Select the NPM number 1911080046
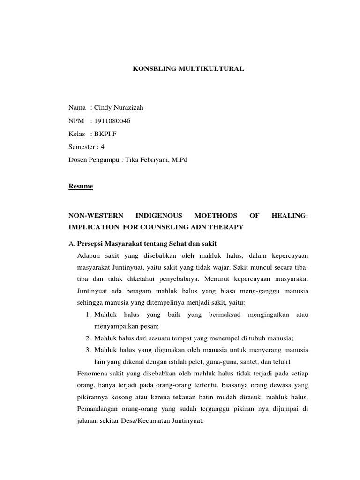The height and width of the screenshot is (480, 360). point(112,121)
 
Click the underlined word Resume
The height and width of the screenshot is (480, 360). point(81,187)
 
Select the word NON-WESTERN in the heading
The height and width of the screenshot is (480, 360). point(96,216)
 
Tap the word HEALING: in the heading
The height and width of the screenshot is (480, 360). point(290,216)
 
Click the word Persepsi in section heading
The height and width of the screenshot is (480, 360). point(90,244)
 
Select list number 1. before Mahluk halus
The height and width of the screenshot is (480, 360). point(88,315)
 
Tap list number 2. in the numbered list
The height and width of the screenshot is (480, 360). point(88,338)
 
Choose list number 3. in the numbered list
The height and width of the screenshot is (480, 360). point(88,350)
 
